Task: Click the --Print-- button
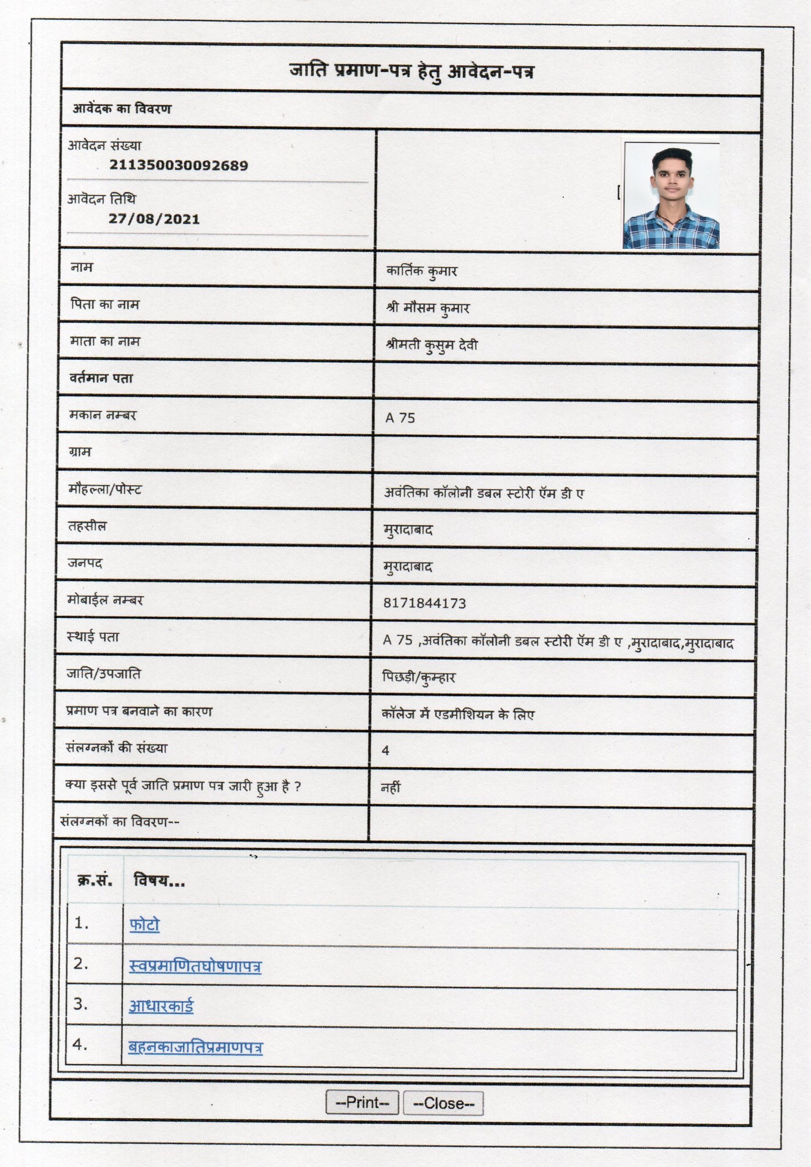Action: click(362, 1102)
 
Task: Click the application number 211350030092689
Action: click(178, 166)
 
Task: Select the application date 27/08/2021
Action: click(154, 219)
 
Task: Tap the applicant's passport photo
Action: click(671, 195)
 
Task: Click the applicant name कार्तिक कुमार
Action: click(422, 271)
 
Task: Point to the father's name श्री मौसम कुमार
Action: click(428, 308)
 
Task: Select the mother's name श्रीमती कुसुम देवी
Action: click(432, 346)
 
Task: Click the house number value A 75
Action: click(400, 418)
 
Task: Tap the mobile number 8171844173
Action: click(424, 604)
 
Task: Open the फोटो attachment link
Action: click(144, 924)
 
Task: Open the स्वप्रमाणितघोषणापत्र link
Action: click(195, 966)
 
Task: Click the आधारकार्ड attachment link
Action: click(161, 1006)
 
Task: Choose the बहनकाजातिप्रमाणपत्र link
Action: click(195, 1047)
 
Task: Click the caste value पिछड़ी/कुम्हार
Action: click(418, 678)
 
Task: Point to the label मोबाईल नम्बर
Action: click(105, 600)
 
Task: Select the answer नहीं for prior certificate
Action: click(391, 788)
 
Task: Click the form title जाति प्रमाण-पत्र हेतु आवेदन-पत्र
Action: click(412, 72)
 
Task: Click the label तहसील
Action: click(87, 526)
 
